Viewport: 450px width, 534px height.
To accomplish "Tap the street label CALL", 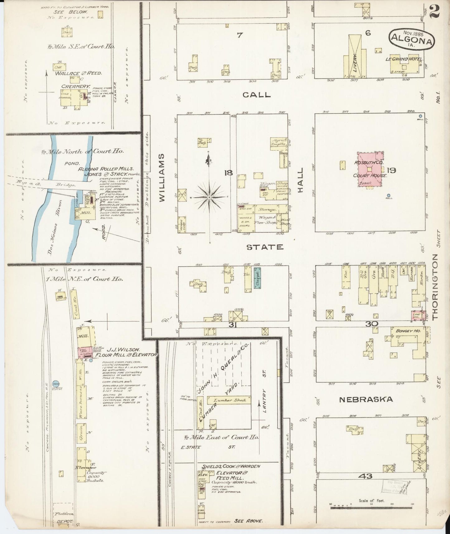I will tap(257, 95).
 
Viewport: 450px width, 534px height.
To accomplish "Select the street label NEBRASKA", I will tap(366, 399).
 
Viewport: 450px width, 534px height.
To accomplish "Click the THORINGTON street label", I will tap(435, 286).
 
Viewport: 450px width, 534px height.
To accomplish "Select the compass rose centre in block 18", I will tap(210, 198).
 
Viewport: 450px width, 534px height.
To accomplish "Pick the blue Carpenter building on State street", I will tap(257, 278).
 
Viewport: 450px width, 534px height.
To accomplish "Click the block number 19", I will tap(391, 170).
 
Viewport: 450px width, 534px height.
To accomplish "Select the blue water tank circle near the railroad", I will tap(56, 384).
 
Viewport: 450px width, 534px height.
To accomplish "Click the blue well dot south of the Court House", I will tap(388, 196).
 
